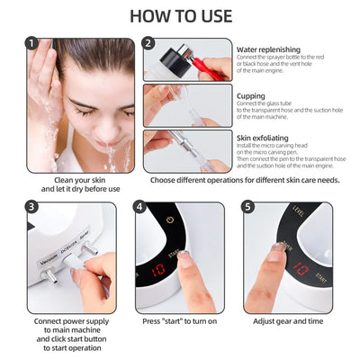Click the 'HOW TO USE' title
(180, 15)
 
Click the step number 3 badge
(33, 207)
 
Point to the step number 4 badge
(140, 207)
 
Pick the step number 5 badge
(249, 207)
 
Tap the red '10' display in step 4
(158, 268)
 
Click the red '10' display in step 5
(301, 268)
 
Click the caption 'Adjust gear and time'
(287, 320)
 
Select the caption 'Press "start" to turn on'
(179, 320)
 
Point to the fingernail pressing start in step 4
(183, 256)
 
